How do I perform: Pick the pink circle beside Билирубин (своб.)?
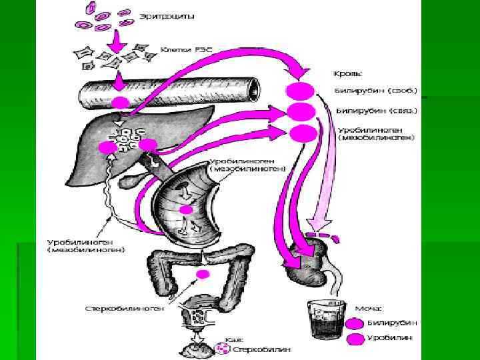point(299,91)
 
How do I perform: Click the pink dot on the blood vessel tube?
point(120,103)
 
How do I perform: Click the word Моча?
point(368,308)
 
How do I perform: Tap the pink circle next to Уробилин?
point(355,339)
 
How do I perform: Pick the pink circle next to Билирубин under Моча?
point(355,323)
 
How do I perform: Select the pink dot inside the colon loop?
point(202,275)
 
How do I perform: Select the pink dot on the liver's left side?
point(105,147)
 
